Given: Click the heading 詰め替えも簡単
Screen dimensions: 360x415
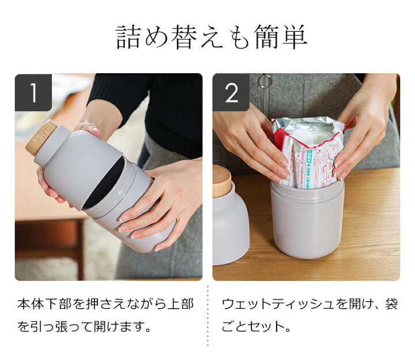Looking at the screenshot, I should coord(211,37).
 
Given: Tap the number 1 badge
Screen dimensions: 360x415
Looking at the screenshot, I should coord(33,92).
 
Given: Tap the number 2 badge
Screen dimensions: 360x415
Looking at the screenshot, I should coord(231,92).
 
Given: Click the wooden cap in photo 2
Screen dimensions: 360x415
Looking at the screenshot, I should coord(221,180).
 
